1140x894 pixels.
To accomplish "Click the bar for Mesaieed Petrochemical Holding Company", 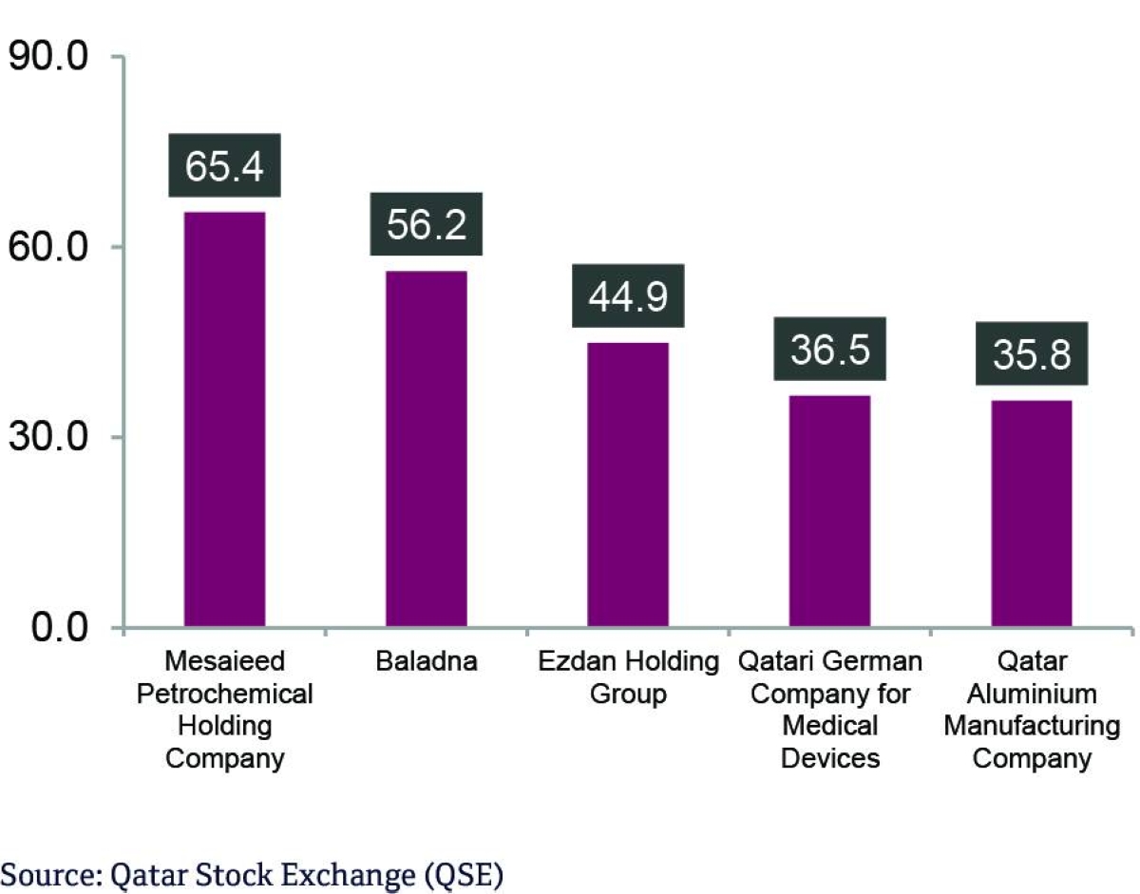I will (x=224, y=419).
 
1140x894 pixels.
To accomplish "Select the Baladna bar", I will (x=426, y=448).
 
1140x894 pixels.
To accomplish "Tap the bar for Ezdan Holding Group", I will (x=628, y=485).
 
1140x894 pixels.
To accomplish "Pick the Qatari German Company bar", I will (x=829, y=511).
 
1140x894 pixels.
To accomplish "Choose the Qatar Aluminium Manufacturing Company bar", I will (x=1032, y=513).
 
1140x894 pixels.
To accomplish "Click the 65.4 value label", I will (x=224, y=165).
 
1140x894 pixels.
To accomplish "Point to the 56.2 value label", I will (x=426, y=224).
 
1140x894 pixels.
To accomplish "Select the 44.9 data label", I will (x=628, y=295).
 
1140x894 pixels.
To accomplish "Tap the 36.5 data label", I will (x=829, y=349).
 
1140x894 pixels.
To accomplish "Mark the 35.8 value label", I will (x=1032, y=353).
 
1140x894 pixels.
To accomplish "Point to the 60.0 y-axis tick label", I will (x=48, y=248).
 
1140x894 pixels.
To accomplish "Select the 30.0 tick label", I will (x=48, y=438).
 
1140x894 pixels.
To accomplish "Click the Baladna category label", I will (x=426, y=661).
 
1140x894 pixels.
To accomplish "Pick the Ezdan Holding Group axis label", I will (x=628, y=677).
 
